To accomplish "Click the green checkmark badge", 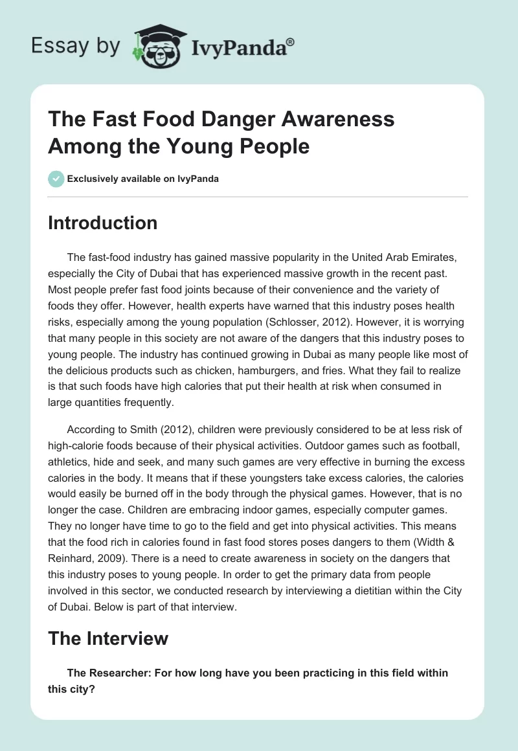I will pos(56,179).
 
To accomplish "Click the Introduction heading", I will pos(103,223).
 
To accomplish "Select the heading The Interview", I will pos(108,638).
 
